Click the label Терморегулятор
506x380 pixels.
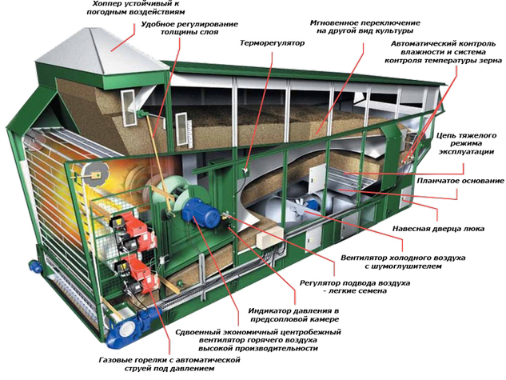[272, 43]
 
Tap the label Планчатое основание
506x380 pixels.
[460, 181]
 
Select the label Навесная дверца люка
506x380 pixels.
[438, 229]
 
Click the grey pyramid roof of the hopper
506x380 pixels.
[101, 51]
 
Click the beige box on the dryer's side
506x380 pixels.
[269, 237]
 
